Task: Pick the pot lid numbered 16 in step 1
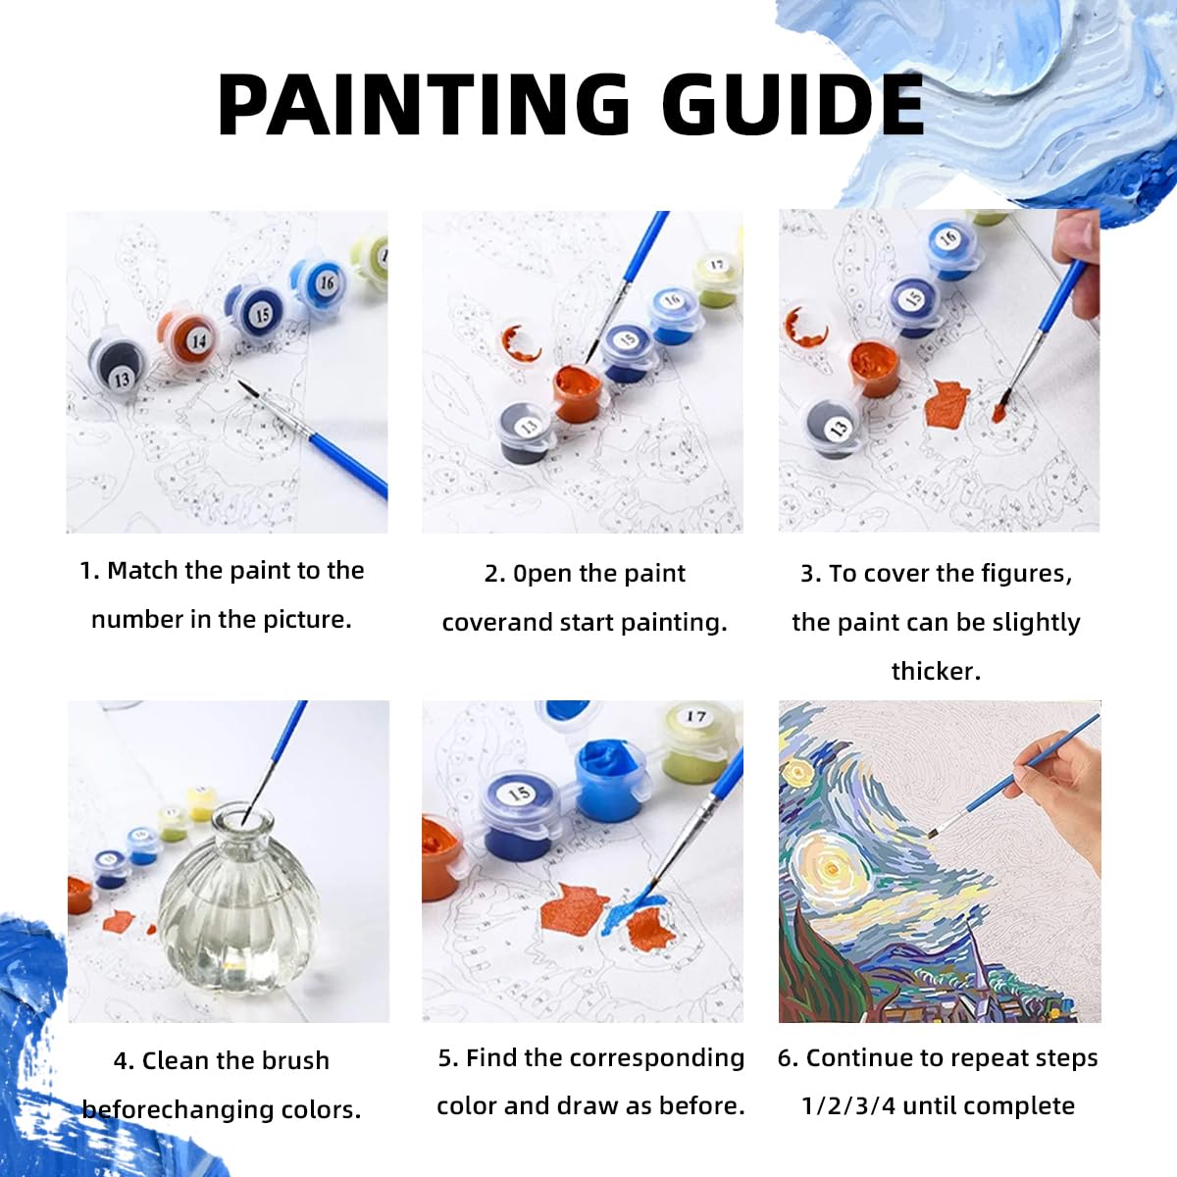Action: pyautogui.click(x=321, y=281)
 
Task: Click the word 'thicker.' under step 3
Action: pyautogui.click(x=936, y=671)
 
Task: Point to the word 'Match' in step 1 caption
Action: pyautogui.click(x=143, y=570)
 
